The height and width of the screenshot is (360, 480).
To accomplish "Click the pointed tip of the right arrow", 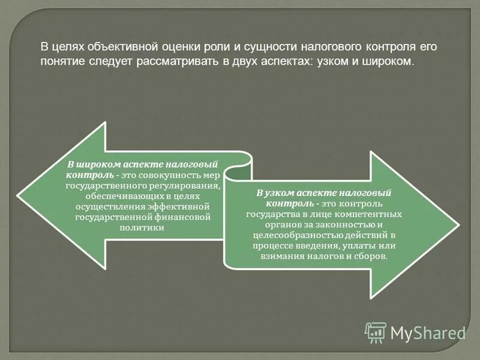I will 459,225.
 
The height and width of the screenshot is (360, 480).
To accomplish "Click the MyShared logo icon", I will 376,332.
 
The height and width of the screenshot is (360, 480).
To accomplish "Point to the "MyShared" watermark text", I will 428,332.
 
